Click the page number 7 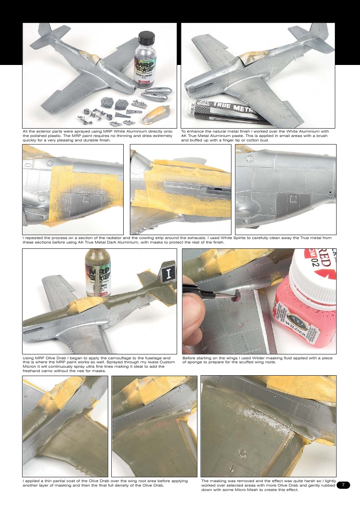pos(343,485)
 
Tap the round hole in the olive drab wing pos(242,453)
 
